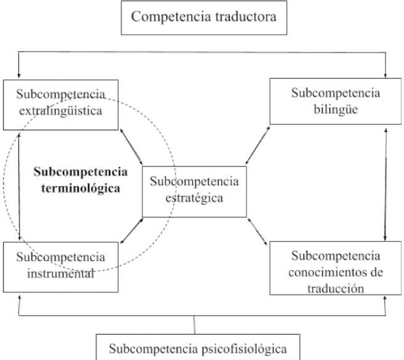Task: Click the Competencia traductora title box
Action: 204,16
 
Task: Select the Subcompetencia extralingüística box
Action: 61,104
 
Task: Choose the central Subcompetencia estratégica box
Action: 194,192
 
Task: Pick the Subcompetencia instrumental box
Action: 61,267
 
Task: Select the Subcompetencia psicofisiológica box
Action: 198,348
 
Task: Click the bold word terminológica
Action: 81,187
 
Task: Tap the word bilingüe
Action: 335,108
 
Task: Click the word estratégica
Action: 194,198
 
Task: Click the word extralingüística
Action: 61,111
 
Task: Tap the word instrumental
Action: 61,273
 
